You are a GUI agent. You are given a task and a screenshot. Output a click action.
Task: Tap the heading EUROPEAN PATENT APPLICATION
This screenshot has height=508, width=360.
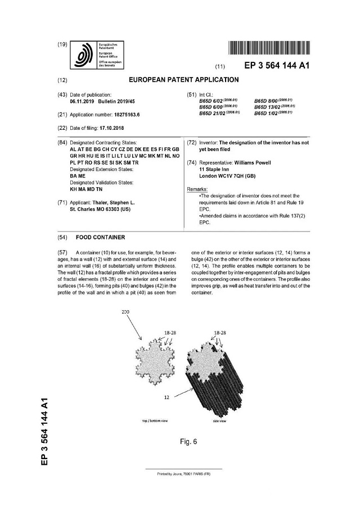click(x=176, y=80)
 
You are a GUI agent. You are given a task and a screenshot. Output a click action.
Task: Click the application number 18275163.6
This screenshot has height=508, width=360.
click(x=120, y=114)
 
